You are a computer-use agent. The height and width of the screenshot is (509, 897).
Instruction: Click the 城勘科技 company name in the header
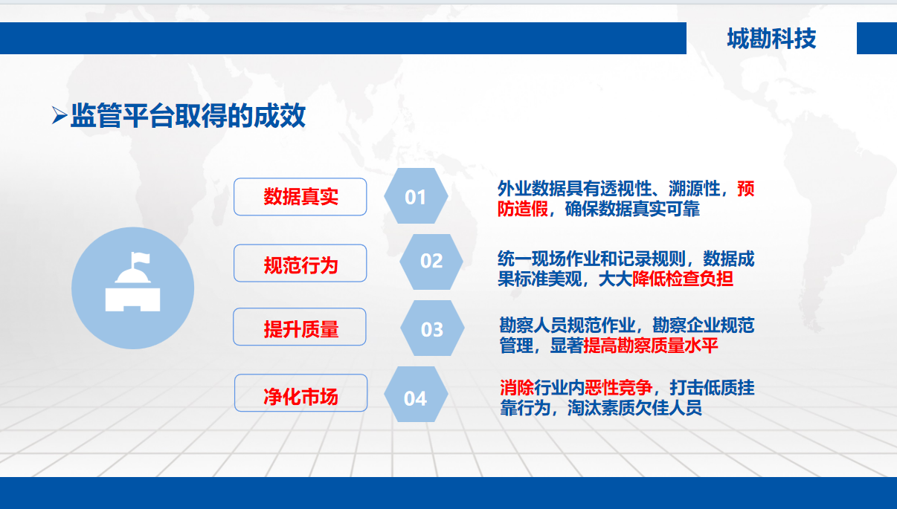(x=771, y=39)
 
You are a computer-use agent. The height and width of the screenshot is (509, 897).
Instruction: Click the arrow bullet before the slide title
(x=60, y=115)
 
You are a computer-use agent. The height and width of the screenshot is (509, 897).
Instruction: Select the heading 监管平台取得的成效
(x=188, y=116)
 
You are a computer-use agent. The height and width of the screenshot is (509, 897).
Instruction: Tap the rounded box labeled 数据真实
(x=300, y=197)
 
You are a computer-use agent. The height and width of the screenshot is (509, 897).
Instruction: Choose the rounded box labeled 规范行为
(x=300, y=263)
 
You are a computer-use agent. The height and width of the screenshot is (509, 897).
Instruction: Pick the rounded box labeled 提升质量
(x=300, y=327)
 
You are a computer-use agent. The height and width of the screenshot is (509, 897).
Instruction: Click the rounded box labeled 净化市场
(x=300, y=393)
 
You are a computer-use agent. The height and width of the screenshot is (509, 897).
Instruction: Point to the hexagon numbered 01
(x=416, y=196)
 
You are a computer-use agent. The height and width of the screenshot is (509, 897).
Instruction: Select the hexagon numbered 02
(x=431, y=262)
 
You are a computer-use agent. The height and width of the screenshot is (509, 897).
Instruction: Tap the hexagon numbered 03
(x=432, y=328)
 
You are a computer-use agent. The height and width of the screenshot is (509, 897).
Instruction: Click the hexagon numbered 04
(x=416, y=395)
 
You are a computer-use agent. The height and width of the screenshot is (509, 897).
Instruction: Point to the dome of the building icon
(x=132, y=276)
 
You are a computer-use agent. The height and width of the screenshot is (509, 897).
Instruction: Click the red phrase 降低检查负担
(x=683, y=279)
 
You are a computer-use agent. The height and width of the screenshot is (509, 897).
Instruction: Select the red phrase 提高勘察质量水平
(x=650, y=346)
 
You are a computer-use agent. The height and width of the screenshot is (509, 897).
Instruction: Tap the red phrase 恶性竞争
(x=618, y=387)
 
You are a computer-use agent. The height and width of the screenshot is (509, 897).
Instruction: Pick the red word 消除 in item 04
(x=517, y=387)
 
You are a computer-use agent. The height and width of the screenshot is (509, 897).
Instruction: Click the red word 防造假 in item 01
(x=523, y=209)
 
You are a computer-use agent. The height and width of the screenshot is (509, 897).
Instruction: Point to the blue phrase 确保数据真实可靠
(x=632, y=209)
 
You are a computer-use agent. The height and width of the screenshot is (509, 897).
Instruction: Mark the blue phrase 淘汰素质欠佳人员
(x=634, y=408)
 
